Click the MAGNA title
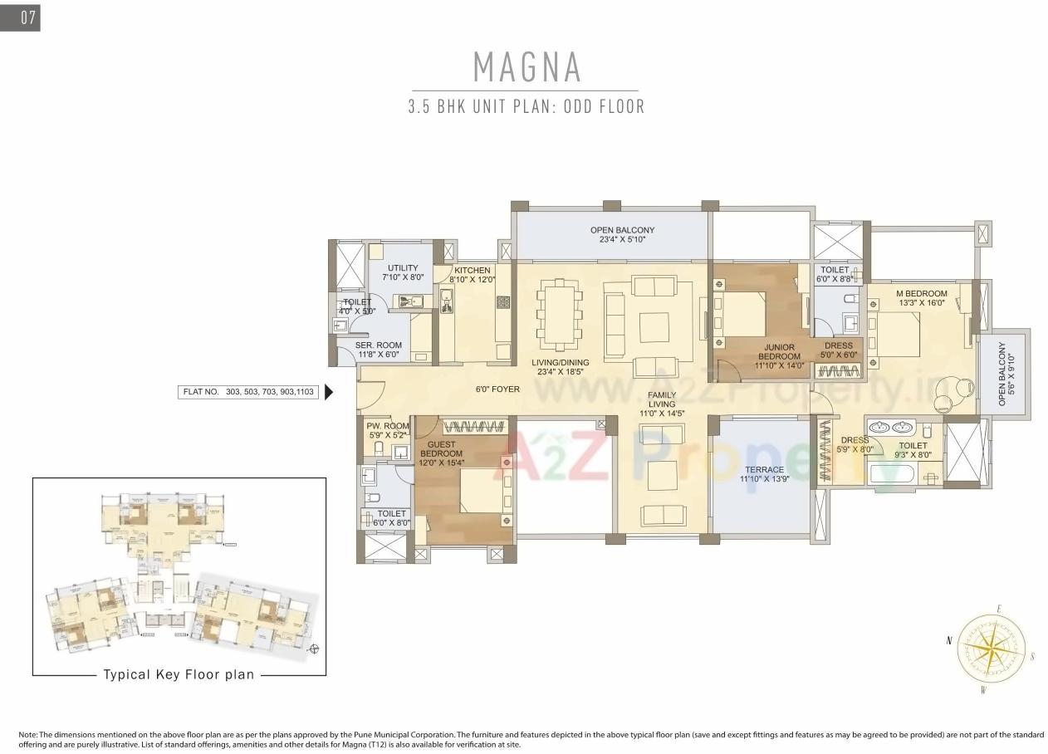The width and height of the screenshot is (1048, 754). (x=526, y=66)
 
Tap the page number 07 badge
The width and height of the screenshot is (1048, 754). (x=21, y=17)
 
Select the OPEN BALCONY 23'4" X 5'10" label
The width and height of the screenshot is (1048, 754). (x=622, y=235)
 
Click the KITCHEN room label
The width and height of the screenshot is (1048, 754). (x=472, y=275)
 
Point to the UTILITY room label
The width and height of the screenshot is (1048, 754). (x=402, y=272)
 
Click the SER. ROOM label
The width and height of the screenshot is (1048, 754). (x=379, y=350)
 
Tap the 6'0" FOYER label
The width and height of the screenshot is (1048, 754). (x=497, y=389)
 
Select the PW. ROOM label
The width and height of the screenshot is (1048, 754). (x=388, y=430)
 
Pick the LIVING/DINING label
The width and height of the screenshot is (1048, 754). (x=561, y=367)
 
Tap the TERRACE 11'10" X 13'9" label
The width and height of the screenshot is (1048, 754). (x=762, y=475)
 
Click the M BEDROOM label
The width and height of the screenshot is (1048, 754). (x=921, y=298)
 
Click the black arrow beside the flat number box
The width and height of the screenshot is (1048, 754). (x=329, y=391)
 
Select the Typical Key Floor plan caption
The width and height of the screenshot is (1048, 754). (x=178, y=675)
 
